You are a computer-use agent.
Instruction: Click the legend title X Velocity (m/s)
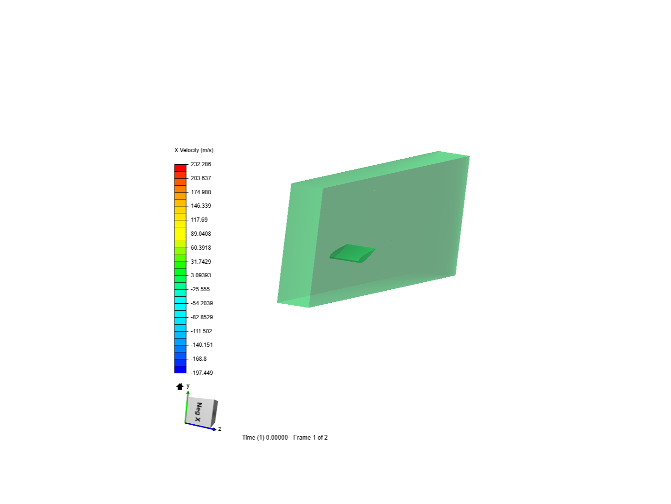click(194, 150)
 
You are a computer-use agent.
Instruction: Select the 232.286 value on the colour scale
click(201, 164)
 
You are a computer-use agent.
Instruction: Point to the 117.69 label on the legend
click(199, 220)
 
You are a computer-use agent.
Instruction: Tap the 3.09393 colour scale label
click(201, 275)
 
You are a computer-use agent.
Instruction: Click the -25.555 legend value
click(200, 289)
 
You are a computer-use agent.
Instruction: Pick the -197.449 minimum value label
click(202, 373)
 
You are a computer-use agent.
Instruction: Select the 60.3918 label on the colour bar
click(201, 247)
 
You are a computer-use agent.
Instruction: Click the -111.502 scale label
click(201, 331)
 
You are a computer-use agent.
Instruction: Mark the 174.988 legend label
click(201, 192)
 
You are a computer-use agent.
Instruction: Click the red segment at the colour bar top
click(180, 168)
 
